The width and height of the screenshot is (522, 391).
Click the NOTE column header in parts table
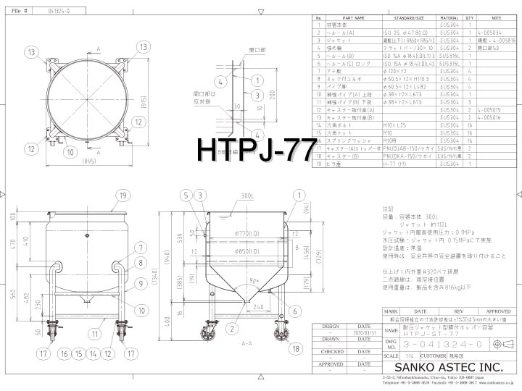(497, 19)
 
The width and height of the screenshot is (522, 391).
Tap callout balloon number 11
(95, 335)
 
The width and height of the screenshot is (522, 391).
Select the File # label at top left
(20, 12)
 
